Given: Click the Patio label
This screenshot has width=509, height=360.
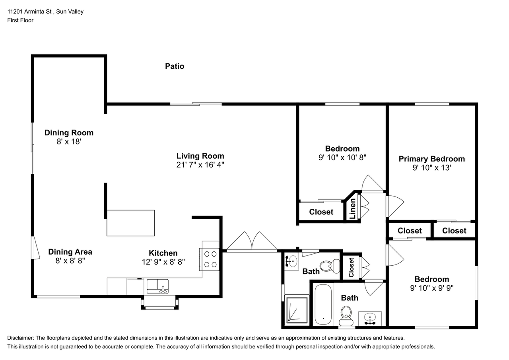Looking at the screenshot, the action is click(x=175, y=66).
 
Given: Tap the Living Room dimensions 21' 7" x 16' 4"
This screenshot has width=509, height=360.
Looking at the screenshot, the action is click(x=200, y=165).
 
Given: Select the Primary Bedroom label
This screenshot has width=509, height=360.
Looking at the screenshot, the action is click(x=432, y=159).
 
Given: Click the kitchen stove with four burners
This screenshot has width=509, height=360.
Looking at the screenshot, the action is click(x=210, y=259).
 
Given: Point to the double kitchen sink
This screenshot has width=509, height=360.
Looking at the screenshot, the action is click(x=157, y=286).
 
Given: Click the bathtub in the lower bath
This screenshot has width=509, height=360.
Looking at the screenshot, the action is click(x=323, y=305).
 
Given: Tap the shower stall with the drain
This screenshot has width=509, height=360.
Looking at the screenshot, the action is click(x=297, y=309).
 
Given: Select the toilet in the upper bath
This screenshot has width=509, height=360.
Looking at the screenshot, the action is click(x=330, y=266).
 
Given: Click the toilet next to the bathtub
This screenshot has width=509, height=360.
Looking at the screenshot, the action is click(x=346, y=316).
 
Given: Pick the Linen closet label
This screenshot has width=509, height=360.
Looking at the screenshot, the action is click(x=352, y=208).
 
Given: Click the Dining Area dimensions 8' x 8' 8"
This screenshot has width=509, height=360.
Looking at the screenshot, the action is click(x=70, y=261).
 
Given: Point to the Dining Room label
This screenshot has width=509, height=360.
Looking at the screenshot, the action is click(x=69, y=133).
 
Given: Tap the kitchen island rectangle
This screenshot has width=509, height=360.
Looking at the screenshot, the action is click(x=131, y=223).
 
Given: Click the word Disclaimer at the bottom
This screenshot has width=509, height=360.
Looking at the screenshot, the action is click(x=20, y=338).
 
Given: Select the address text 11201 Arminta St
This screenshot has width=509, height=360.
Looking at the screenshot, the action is click(x=29, y=12).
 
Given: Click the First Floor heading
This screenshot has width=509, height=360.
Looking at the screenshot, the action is click(x=20, y=20).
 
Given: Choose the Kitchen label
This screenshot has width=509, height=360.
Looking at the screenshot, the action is click(x=163, y=253).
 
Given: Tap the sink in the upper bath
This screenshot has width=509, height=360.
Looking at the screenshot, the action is click(x=291, y=262).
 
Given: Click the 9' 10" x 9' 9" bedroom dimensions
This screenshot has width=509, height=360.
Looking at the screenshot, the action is click(x=432, y=288).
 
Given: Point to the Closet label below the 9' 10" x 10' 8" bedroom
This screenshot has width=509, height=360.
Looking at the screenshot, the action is click(x=321, y=212).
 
